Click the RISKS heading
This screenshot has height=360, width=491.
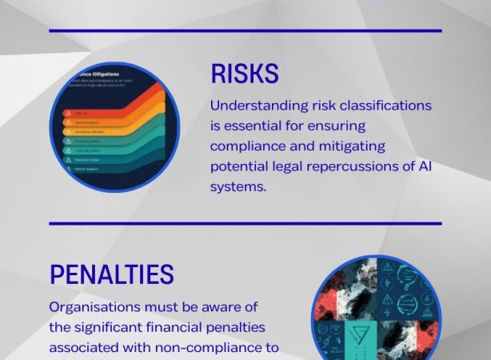pos(245,74)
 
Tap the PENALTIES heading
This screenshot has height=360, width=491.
pos(111,275)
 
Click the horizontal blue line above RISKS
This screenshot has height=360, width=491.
pos(245,30)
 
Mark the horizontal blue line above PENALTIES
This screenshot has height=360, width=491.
pos(245,223)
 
